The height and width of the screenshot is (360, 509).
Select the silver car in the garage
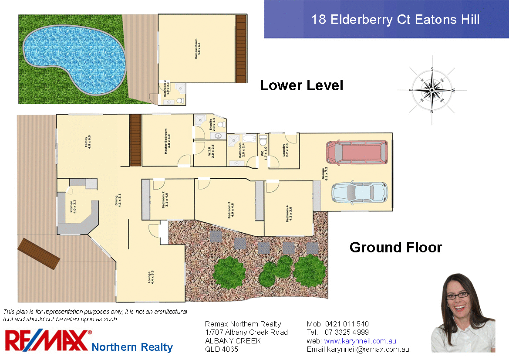click(359, 192)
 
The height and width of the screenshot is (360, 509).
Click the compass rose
click(432, 90)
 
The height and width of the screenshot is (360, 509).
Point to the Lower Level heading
click(301, 85)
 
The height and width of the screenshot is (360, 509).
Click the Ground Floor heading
click(395, 248)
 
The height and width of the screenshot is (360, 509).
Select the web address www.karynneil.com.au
click(360, 341)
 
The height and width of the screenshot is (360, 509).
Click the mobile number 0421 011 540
click(347, 324)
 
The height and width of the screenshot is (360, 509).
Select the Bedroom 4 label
click(288, 214)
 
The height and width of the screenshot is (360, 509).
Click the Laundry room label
click(285, 150)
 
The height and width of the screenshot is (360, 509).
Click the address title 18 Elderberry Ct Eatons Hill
click(395, 20)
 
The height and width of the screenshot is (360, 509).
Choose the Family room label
click(88, 142)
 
